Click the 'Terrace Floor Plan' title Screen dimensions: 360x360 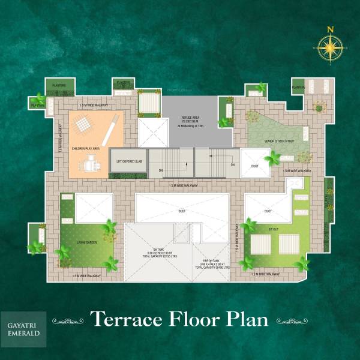coord(179,319)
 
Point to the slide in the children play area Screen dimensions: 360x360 coord(111,131)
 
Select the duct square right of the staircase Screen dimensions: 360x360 coord(255,161)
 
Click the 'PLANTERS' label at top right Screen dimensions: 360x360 coord(298,88)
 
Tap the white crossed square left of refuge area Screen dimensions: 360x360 coord(153,133)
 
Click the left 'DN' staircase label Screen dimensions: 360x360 coord(161,170)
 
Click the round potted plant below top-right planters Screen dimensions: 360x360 coord(319,109)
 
